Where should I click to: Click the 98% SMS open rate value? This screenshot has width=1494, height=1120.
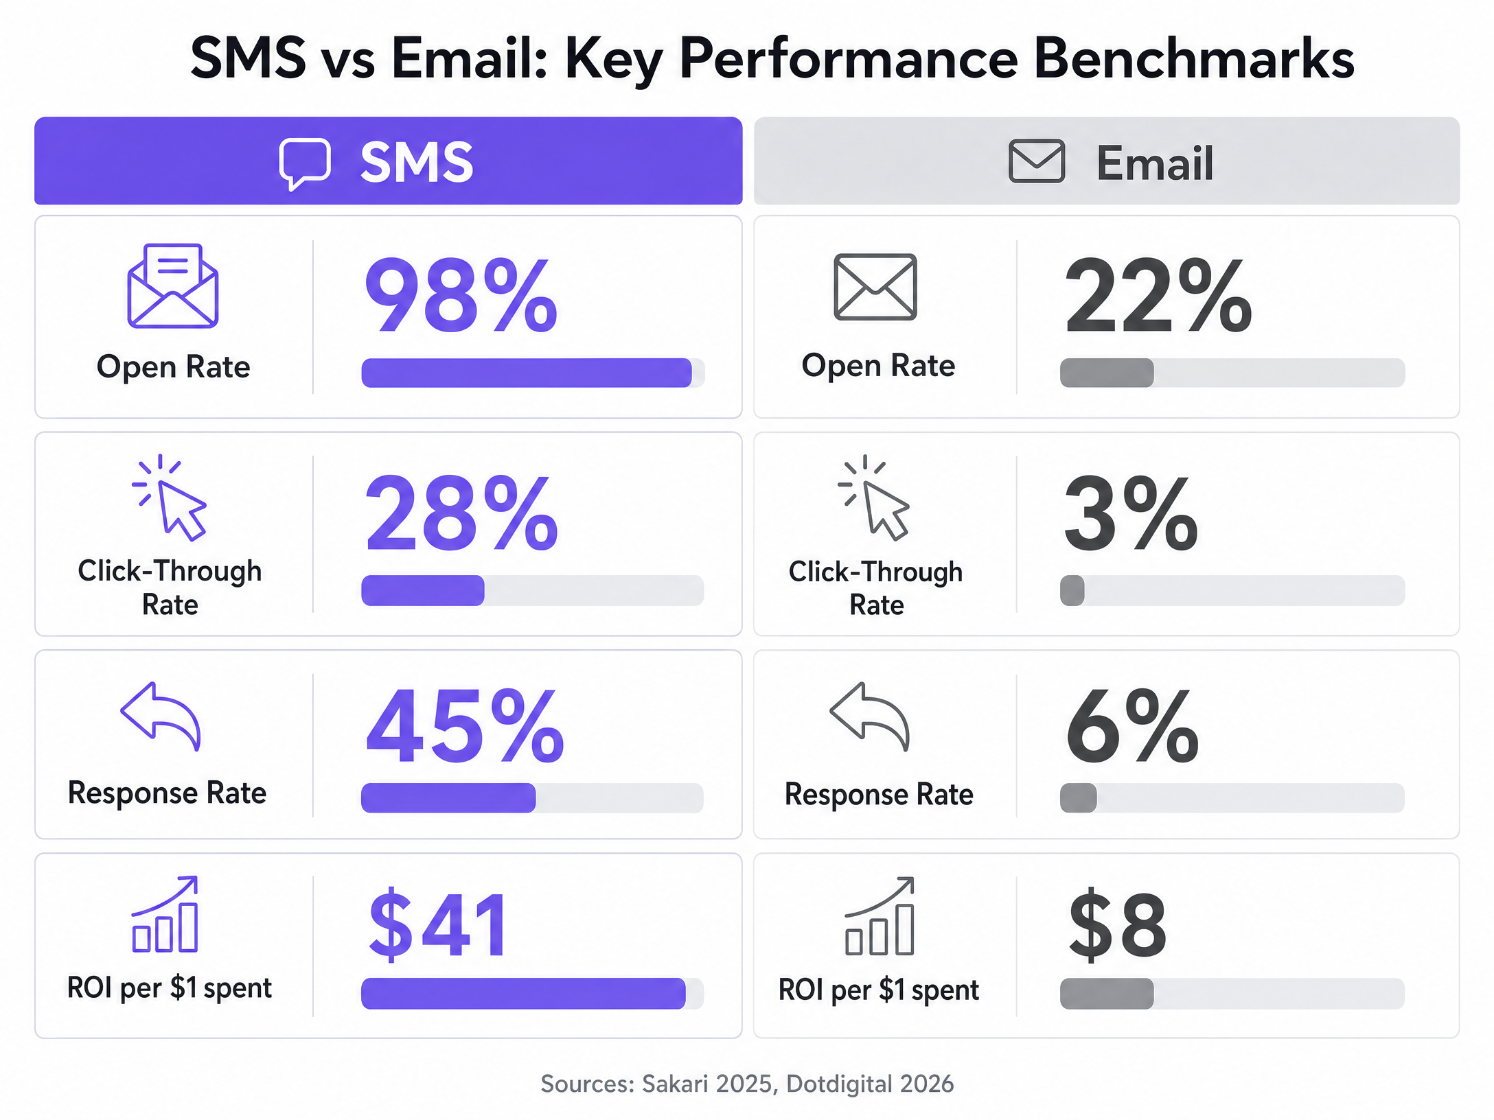461,295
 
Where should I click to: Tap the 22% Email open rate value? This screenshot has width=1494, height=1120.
1158,295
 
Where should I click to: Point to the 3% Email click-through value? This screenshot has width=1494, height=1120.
1131,513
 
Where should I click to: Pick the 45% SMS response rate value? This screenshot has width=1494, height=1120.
465,725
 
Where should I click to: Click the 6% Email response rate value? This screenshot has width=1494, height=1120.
1132,725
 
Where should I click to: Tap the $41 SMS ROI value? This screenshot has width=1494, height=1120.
438,923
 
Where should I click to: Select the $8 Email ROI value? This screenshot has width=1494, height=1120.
1117,923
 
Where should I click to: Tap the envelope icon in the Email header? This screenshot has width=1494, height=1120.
1037,161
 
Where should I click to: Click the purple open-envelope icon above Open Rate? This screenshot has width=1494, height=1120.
173,285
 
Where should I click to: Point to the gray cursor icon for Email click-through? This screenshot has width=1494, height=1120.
874,498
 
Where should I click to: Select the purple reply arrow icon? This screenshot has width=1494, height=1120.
161,716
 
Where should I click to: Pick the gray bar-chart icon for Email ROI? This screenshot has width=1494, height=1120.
880,915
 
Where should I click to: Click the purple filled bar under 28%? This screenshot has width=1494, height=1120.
423,590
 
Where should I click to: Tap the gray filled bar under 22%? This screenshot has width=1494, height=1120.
1107,373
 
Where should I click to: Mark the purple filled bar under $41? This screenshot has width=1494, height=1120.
523,993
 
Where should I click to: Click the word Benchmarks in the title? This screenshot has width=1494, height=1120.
1194,58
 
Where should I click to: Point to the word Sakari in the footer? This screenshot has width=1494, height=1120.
675,1084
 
